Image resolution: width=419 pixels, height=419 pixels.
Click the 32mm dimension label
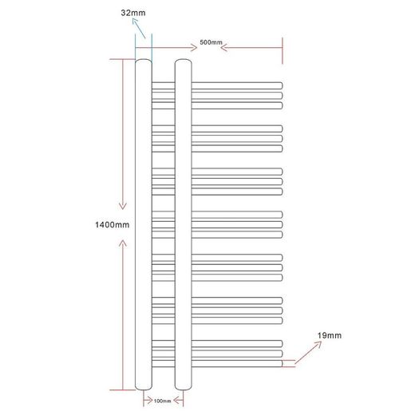133,13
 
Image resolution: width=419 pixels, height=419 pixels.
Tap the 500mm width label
211,42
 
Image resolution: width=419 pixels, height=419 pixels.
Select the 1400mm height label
113,225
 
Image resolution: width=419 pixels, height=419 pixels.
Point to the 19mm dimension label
329,335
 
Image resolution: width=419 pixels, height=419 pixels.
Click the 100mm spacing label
162,401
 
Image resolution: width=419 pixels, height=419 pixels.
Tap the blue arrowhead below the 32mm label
135,21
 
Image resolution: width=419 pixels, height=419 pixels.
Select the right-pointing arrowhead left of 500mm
194,48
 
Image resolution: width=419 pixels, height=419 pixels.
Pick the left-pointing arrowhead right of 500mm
224,48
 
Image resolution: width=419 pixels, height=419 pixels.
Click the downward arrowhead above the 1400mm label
123,206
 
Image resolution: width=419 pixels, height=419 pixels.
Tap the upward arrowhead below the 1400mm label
123,243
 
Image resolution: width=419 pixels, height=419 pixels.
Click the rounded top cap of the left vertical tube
144,61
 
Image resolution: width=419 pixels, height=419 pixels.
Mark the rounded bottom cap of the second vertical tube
184,389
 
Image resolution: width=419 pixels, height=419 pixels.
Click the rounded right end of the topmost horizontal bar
281,85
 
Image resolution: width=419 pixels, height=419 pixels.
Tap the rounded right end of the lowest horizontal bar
281,363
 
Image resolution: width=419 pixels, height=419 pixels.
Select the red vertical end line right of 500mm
283,51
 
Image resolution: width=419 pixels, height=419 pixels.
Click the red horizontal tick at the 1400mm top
122,59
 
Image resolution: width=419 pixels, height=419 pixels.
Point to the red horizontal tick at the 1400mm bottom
122,390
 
